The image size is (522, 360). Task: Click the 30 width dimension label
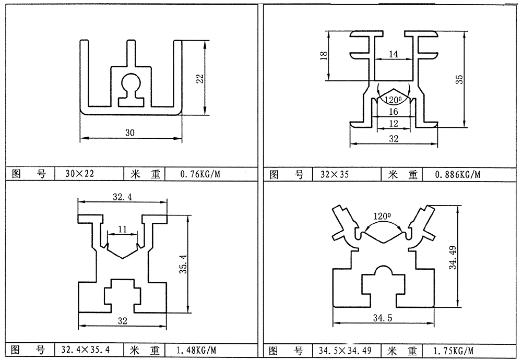pos(130,133)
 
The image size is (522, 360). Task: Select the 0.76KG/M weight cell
pos(198,174)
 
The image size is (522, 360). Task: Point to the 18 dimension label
pos(324,55)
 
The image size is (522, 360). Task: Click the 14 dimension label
pos(394,54)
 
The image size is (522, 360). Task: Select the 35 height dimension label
pos(459,79)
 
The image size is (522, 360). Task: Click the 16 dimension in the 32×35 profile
pos(394,112)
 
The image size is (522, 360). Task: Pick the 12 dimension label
pos(394,123)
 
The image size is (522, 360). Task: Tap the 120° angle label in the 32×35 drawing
pos(393,99)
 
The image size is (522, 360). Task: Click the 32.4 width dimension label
pos(122,197)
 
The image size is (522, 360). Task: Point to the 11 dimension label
pos(123,229)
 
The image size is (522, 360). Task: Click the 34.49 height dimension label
pos(453,256)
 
